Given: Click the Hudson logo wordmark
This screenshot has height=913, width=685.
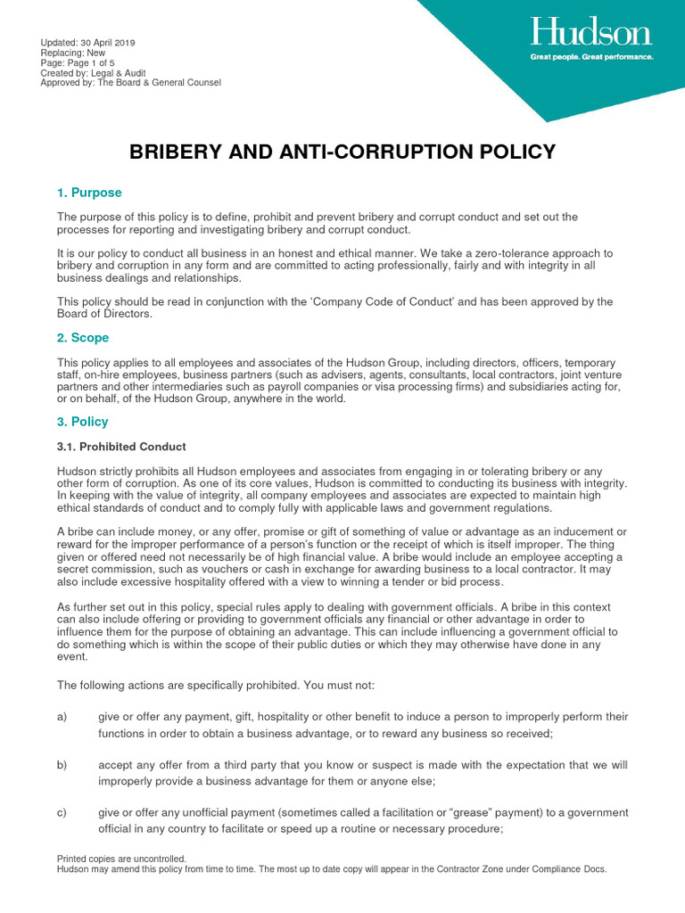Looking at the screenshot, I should pyautogui.click(x=591, y=34).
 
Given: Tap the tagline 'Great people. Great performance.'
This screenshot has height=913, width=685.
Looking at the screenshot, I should pyautogui.click(x=591, y=56).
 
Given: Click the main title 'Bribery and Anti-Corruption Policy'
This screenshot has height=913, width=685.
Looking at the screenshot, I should pyautogui.click(x=342, y=152).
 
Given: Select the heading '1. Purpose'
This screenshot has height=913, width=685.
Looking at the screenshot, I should pyautogui.click(x=89, y=193).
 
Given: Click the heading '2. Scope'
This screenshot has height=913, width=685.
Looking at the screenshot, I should pyautogui.click(x=83, y=338).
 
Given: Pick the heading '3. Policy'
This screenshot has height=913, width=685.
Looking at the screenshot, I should pyautogui.click(x=83, y=422).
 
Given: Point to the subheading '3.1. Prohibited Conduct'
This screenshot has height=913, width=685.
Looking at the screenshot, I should pyautogui.click(x=121, y=447).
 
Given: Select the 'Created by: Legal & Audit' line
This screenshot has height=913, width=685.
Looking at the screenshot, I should pyautogui.click(x=93, y=73).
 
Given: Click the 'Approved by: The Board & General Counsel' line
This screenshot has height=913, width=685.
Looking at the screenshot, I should pyautogui.click(x=130, y=83).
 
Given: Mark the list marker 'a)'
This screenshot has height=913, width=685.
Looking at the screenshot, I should pyautogui.click(x=62, y=717).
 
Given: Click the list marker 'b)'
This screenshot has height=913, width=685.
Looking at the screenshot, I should pyautogui.click(x=62, y=765).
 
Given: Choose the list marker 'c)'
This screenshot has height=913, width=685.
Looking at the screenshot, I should pyautogui.click(x=62, y=813).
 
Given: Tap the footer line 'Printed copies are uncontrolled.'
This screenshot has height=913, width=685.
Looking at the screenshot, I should pyautogui.click(x=121, y=859).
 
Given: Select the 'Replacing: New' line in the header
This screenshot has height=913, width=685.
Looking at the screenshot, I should pyautogui.click(x=73, y=53).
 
